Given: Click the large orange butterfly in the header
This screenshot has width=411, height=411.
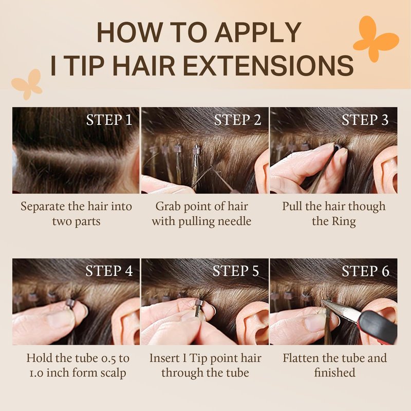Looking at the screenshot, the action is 376,40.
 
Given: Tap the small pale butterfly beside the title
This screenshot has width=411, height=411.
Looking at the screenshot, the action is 27,84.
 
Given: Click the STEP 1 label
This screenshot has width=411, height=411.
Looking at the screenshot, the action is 109,120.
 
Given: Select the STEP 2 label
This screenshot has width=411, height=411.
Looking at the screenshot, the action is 237,120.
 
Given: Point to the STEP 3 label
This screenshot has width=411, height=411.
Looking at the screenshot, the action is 365,120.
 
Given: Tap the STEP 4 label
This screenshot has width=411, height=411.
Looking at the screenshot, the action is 109,271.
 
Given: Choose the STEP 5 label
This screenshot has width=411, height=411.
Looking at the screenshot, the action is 236,271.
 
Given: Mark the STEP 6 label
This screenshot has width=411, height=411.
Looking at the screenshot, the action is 365,271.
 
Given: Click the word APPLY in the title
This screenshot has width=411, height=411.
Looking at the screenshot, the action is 258,32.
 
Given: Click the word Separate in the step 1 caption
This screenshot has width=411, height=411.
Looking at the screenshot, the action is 43,207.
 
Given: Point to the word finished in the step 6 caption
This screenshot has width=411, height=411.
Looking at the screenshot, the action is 335,372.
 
